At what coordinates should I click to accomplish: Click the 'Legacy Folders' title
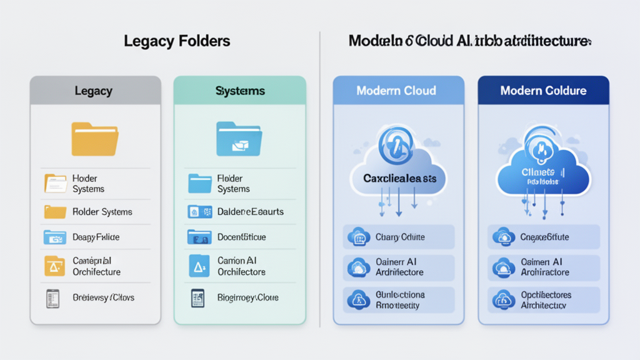pyautogui.click(x=177, y=41)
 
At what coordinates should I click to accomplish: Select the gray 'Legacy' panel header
pyautogui.click(x=95, y=91)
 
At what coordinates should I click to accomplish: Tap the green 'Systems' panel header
pyautogui.click(x=240, y=91)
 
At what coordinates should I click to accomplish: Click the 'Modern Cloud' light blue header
pyautogui.click(x=396, y=91)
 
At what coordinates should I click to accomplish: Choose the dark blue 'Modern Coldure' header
pyautogui.click(x=543, y=91)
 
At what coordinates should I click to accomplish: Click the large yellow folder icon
pyautogui.click(x=95, y=139)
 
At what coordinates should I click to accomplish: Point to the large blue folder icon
pyautogui.click(x=240, y=138)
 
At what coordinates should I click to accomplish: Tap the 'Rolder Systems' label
pyautogui.click(x=102, y=212)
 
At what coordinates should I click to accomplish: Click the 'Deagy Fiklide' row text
pyautogui.click(x=96, y=237)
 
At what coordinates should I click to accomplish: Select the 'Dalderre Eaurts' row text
pyautogui.click(x=251, y=212)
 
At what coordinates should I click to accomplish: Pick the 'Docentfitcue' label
pyautogui.click(x=242, y=237)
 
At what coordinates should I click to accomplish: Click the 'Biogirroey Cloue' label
pyautogui.click(x=248, y=297)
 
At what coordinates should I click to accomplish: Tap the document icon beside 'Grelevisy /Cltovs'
pyautogui.click(x=52, y=297)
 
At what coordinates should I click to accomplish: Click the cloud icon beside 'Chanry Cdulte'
pyautogui.click(x=359, y=237)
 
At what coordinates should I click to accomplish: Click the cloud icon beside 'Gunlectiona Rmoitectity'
pyautogui.click(x=359, y=299)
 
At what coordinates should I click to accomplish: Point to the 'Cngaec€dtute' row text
pyautogui.click(x=544, y=237)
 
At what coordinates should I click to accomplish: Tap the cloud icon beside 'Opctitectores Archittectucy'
pyautogui.click(x=504, y=299)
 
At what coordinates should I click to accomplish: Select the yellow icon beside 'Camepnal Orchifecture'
pyautogui.click(x=54, y=266)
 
